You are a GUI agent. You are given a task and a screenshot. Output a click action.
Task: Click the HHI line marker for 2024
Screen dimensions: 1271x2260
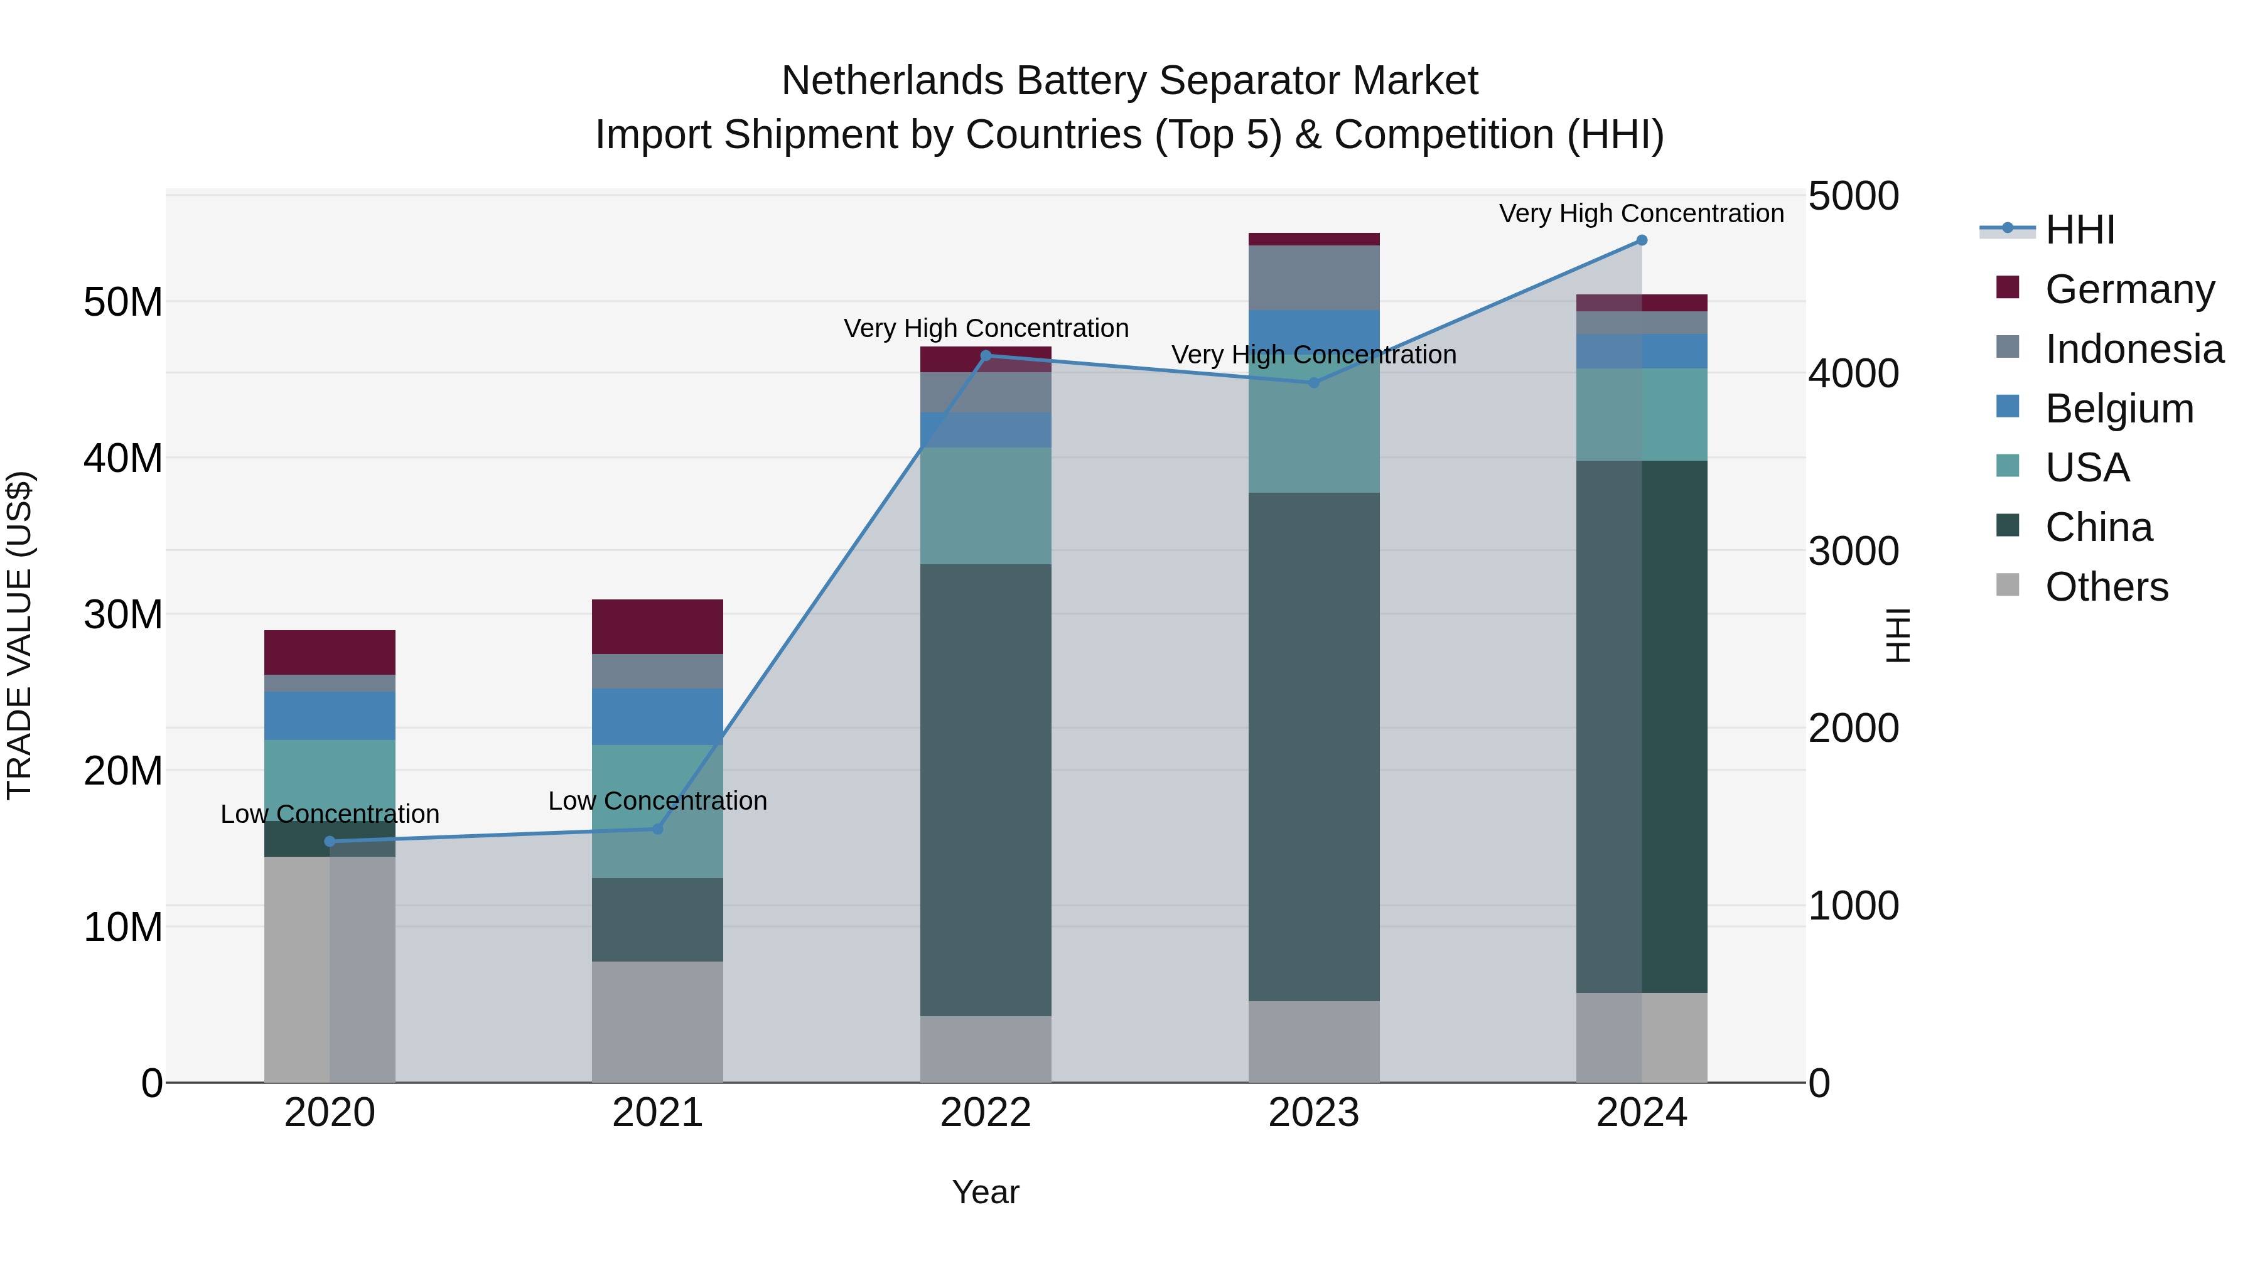(1642, 240)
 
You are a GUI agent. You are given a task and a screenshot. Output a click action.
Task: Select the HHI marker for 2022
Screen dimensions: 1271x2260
(985, 356)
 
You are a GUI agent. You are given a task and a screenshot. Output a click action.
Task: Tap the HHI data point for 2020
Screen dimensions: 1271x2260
(330, 841)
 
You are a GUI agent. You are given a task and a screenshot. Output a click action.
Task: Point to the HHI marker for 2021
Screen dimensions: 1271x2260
(658, 829)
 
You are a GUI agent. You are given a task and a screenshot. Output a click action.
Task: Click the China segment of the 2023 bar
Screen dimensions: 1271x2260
(1313, 746)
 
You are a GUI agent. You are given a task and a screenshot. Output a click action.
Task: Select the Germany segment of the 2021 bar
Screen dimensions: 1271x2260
(657, 626)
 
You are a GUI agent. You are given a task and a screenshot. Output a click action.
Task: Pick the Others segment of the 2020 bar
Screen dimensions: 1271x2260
(329, 969)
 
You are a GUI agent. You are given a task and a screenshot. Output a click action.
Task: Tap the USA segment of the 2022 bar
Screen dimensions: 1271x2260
(985, 506)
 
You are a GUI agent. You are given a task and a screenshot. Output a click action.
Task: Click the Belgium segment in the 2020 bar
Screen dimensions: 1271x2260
(329, 716)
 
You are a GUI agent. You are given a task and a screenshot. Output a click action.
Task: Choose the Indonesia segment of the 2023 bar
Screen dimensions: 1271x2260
(1313, 277)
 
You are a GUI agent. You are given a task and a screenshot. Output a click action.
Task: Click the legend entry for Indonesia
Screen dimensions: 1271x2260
(2134, 349)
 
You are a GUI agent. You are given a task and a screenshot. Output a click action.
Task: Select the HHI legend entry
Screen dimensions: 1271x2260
(2079, 230)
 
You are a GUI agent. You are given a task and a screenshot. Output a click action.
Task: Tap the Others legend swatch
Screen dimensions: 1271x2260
(2008, 585)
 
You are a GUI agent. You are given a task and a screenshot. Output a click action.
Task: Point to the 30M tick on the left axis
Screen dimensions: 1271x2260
(123, 614)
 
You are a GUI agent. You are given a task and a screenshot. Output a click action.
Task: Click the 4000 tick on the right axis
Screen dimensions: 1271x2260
(1853, 373)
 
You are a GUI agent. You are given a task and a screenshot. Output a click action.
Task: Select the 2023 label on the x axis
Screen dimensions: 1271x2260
(1313, 1113)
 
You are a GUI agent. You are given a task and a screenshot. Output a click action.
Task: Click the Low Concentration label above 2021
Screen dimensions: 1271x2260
(657, 801)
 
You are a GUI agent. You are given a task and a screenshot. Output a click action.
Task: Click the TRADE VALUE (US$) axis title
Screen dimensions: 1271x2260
(19, 635)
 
